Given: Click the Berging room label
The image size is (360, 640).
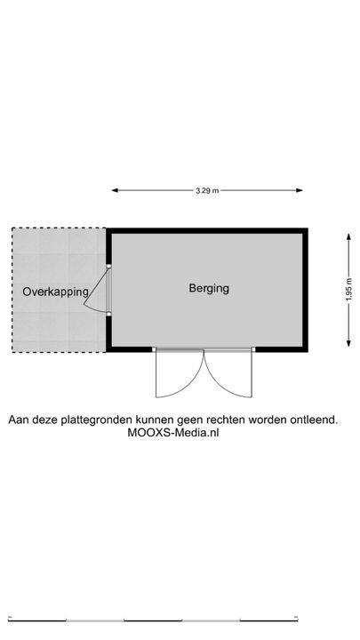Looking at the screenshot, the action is click(x=209, y=289).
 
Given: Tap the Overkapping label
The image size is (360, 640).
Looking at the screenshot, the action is click(x=55, y=292).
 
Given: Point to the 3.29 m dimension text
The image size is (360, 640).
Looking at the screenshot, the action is click(x=207, y=190).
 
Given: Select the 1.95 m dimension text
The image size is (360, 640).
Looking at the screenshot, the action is click(x=348, y=290).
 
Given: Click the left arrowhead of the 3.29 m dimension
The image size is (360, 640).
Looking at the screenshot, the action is click(x=115, y=190).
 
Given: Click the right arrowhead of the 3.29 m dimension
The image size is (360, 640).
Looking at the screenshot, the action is click(x=300, y=190).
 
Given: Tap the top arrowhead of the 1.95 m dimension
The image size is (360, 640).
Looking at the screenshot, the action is click(x=348, y=236).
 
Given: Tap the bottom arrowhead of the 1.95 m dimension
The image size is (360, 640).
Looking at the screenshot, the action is click(x=348, y=343).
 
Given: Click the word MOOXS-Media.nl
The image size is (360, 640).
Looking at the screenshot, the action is click(x=173, y=433).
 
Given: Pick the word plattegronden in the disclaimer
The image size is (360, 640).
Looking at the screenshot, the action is click(x=97, y=420).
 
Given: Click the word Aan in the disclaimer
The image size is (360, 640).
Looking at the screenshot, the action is click(x=17, y=420).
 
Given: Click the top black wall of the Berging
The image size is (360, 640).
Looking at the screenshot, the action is click(x=207, y=230).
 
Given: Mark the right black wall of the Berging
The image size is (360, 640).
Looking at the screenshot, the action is click(x=305, y=290).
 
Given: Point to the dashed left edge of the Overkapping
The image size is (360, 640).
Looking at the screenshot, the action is click(x=12, y=290).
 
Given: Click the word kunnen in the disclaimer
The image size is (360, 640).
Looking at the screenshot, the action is click(x=154, y=420).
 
